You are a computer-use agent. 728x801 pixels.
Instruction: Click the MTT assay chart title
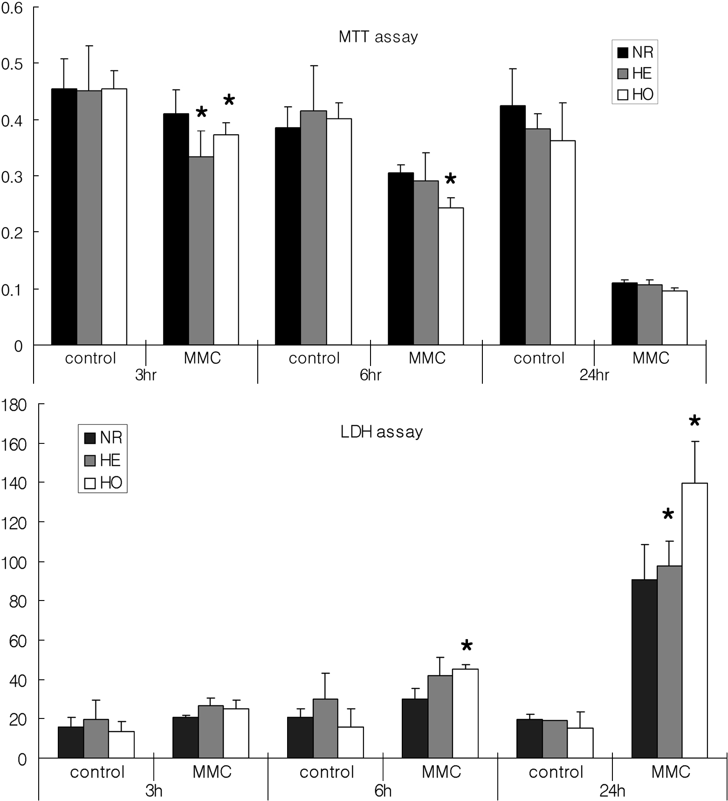pos(378,37)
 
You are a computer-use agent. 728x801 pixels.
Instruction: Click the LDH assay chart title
pos(382,432)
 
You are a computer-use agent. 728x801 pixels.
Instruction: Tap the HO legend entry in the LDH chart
pos(103,483)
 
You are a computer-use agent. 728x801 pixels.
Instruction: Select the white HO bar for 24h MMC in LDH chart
pos(694,620)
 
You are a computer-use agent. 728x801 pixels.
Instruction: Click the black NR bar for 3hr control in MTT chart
pos(64,217)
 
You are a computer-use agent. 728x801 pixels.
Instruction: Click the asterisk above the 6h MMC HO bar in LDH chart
pos(467,646)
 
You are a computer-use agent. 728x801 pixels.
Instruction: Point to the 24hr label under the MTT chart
pos(594,375)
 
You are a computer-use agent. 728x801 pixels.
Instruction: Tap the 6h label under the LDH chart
pos(383,791)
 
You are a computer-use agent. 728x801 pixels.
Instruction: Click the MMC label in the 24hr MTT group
pos(651,358)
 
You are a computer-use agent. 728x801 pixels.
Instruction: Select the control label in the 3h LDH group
pos(97,772)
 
